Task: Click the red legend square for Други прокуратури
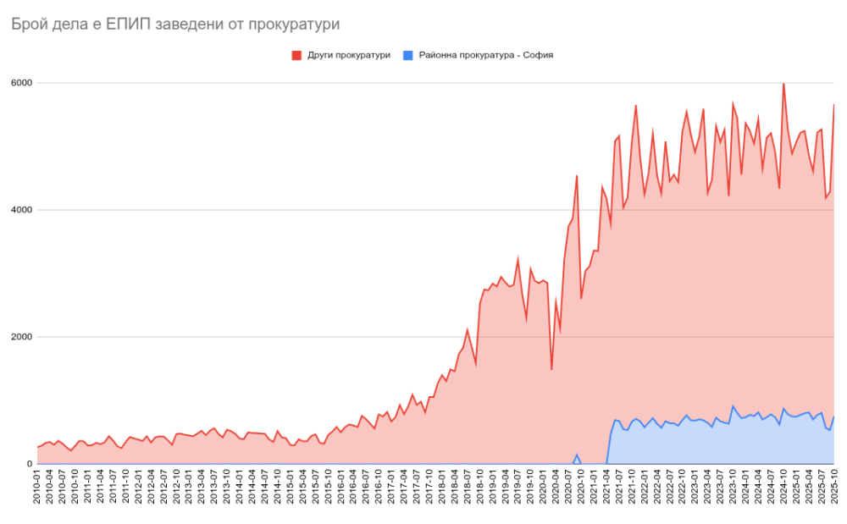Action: tap(296, 55)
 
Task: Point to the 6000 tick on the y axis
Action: tap(21, 83)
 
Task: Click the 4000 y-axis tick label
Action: tap(21, 210)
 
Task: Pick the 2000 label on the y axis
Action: tap(21, 337)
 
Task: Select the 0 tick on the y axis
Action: tap(29, 464)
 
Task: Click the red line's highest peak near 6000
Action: tap(783, 84)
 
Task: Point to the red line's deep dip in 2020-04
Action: tap(552, 369)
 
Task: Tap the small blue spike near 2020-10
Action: tap(577, 455)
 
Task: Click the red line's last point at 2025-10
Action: tap(834, 105)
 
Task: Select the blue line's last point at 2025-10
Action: tap(834, 416)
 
